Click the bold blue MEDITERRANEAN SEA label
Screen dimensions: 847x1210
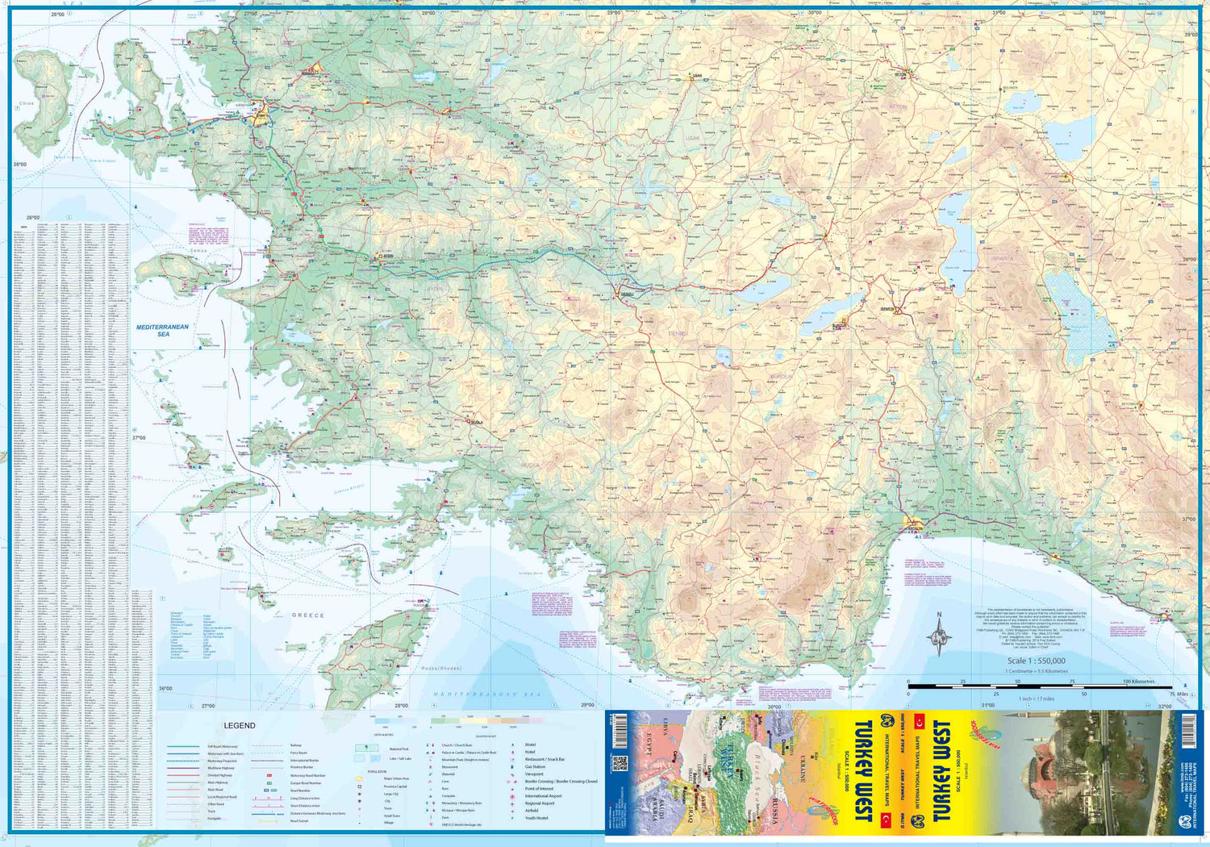(162, 330)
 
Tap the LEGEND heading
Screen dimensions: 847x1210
(240, 725)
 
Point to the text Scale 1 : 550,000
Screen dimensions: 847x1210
(1036, 661)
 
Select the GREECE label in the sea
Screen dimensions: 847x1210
(308, 615)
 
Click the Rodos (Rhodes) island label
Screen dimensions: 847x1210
(440, 668)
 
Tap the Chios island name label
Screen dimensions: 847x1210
(27, 103)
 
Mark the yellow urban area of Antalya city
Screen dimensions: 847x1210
(915, 522)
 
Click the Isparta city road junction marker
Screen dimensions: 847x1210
(896, 309)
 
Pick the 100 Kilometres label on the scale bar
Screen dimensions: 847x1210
(1140, 682)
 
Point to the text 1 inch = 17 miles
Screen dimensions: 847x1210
(1036, 699)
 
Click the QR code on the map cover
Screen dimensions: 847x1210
(620, 763)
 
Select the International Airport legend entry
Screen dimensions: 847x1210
(543, 796)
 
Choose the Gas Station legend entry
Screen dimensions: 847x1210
(535, 767)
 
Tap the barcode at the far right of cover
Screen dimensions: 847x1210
(1188, 730)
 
